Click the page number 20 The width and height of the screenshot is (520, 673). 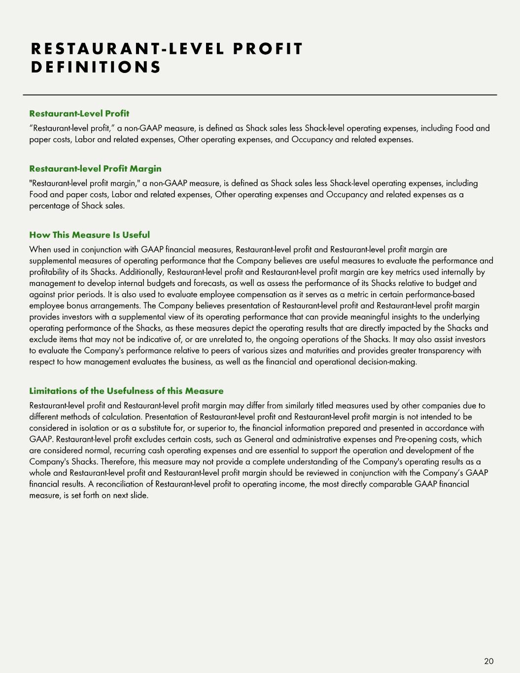[x=488, y=661]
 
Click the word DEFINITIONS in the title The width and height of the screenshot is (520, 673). [x=96, y=67]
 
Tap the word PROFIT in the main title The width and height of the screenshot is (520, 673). [x=268, y=49]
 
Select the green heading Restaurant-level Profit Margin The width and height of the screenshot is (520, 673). [x=95, y=169]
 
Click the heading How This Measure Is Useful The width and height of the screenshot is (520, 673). [x=89, y=235]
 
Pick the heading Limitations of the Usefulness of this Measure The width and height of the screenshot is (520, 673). [x=126, y=391]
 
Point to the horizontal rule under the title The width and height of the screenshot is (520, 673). [x=260, y=95]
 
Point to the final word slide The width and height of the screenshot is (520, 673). [x=139, y=495]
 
